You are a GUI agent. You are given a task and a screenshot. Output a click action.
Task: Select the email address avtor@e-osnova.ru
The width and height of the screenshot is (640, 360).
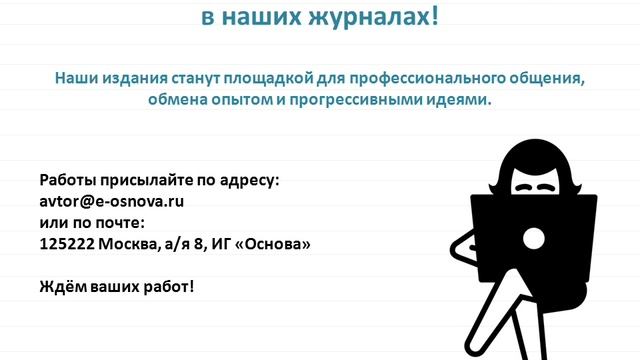coord(112,200)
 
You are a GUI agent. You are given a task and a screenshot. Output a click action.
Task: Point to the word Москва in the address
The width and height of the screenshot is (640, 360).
coord(127,243)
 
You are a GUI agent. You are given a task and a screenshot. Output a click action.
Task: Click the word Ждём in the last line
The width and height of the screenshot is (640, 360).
coord(61,286)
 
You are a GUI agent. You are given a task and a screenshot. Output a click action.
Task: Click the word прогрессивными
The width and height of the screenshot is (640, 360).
coord(368,100)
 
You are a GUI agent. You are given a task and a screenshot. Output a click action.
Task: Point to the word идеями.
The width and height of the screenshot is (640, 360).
coord(464,100)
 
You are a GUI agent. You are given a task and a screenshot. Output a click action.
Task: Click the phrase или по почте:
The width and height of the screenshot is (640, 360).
coord(92,221)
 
